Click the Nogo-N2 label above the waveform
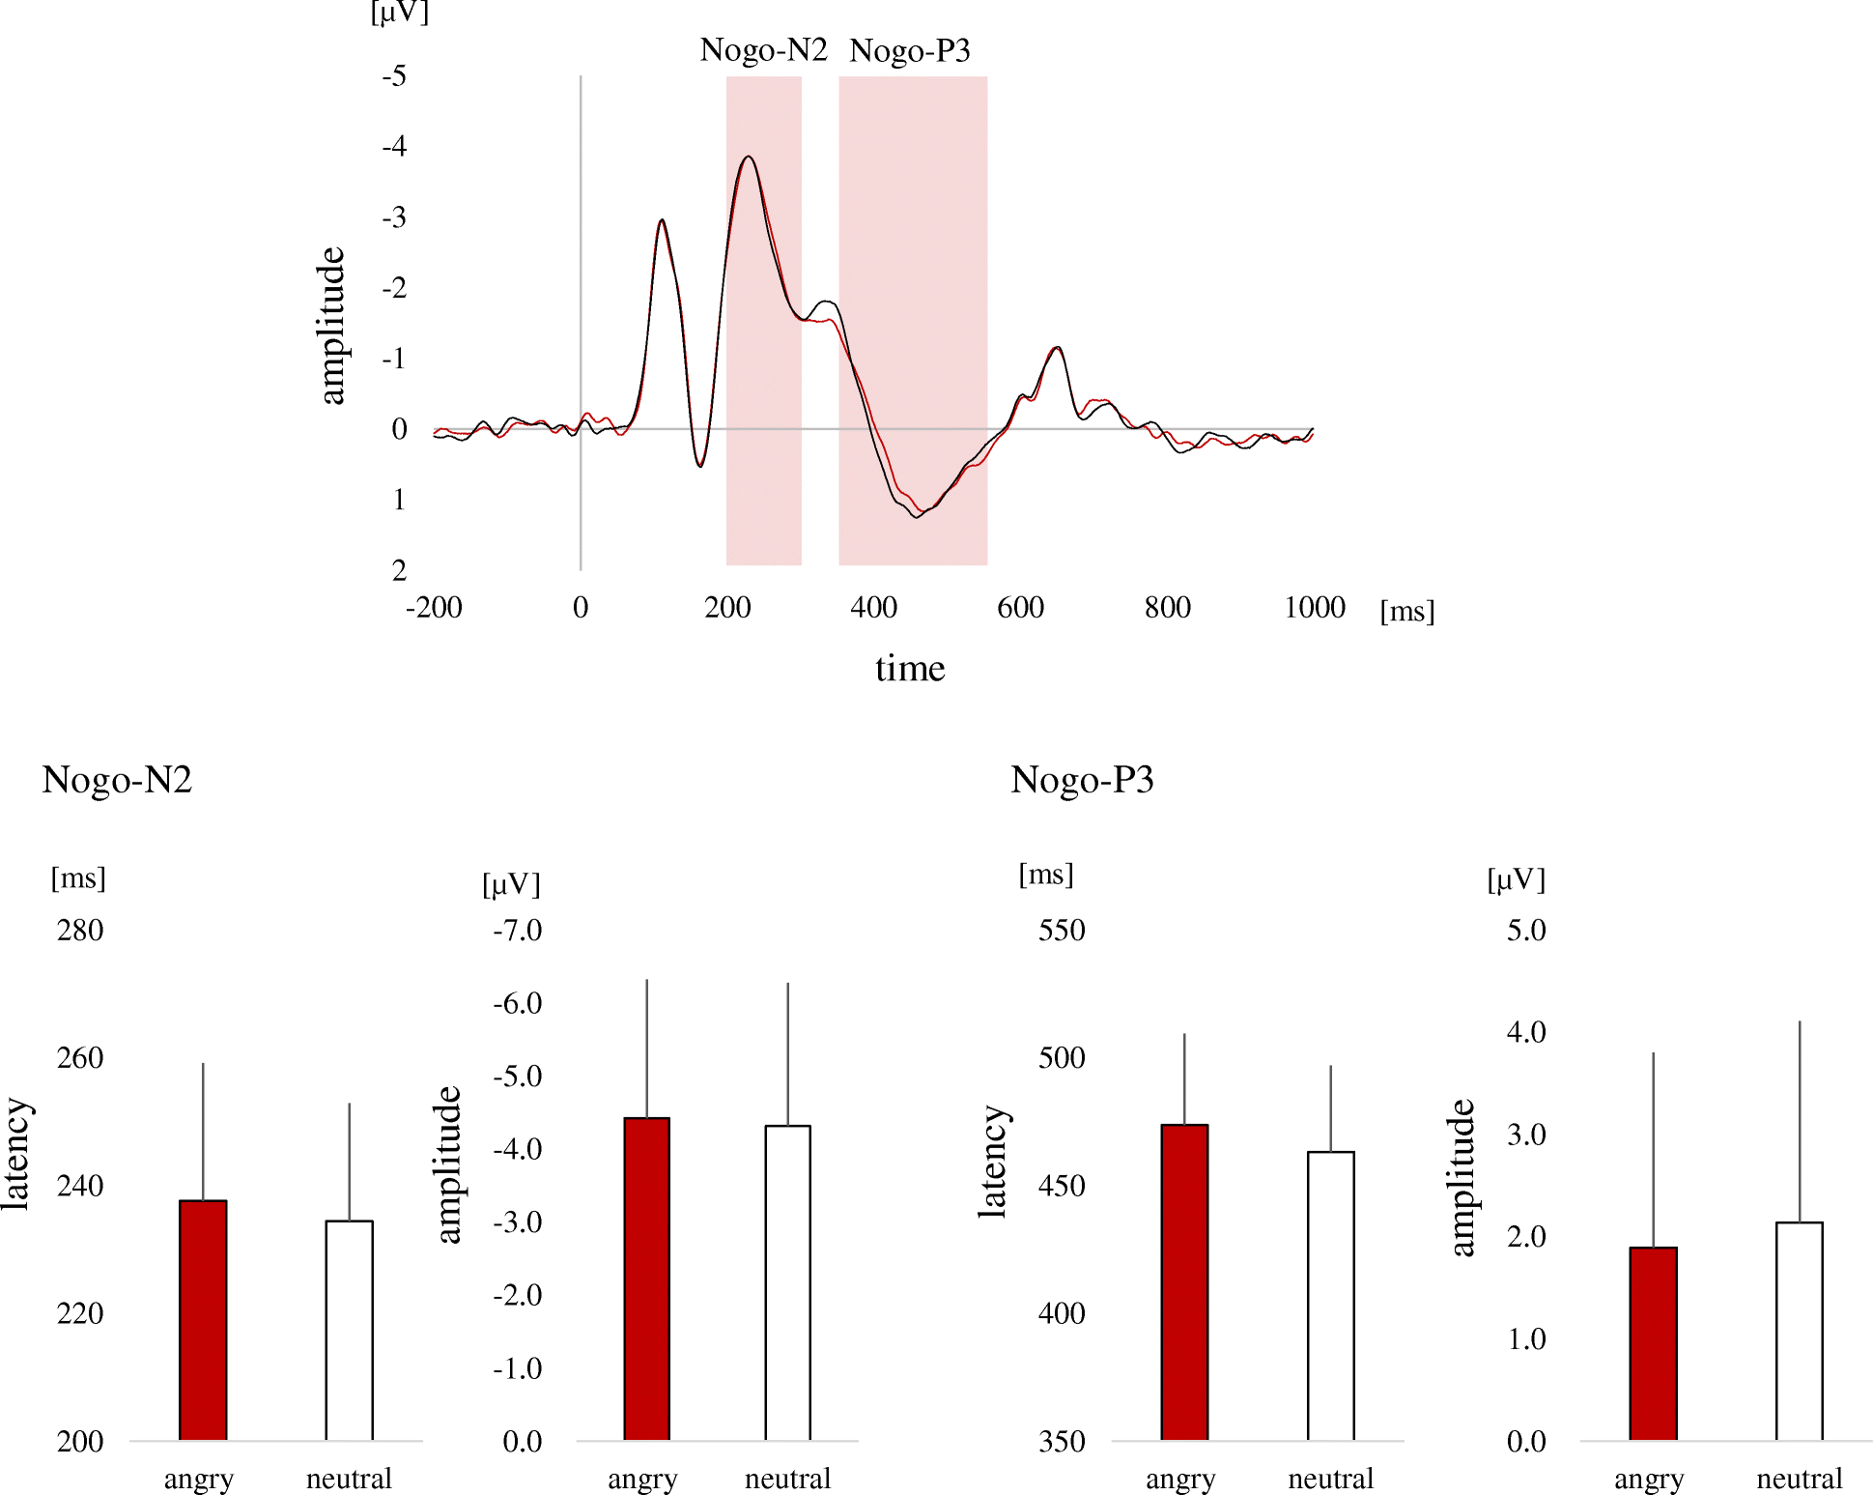(763, 50)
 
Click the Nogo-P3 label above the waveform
(909, 50)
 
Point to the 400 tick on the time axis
(873, 608)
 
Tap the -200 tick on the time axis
(434, 608)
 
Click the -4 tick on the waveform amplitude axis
(394, 147)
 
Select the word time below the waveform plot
(909, 669)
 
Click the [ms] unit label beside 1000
(1406, 611)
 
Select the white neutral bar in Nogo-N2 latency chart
(349, 1330)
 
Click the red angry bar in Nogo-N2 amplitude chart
(646, 1278)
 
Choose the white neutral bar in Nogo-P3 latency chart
(1330, 1295)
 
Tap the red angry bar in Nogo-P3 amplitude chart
(1652, 1343)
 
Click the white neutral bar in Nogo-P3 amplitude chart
(1799, 1331)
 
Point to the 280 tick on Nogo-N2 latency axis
(80, 931)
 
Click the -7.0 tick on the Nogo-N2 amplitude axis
(517, 931)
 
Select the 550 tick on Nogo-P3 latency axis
(1061, 931)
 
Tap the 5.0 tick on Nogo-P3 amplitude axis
(1525, 931)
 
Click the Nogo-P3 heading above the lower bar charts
(1082, 780)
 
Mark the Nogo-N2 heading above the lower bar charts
(117, 780)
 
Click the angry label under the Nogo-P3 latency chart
(1179, 1479)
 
